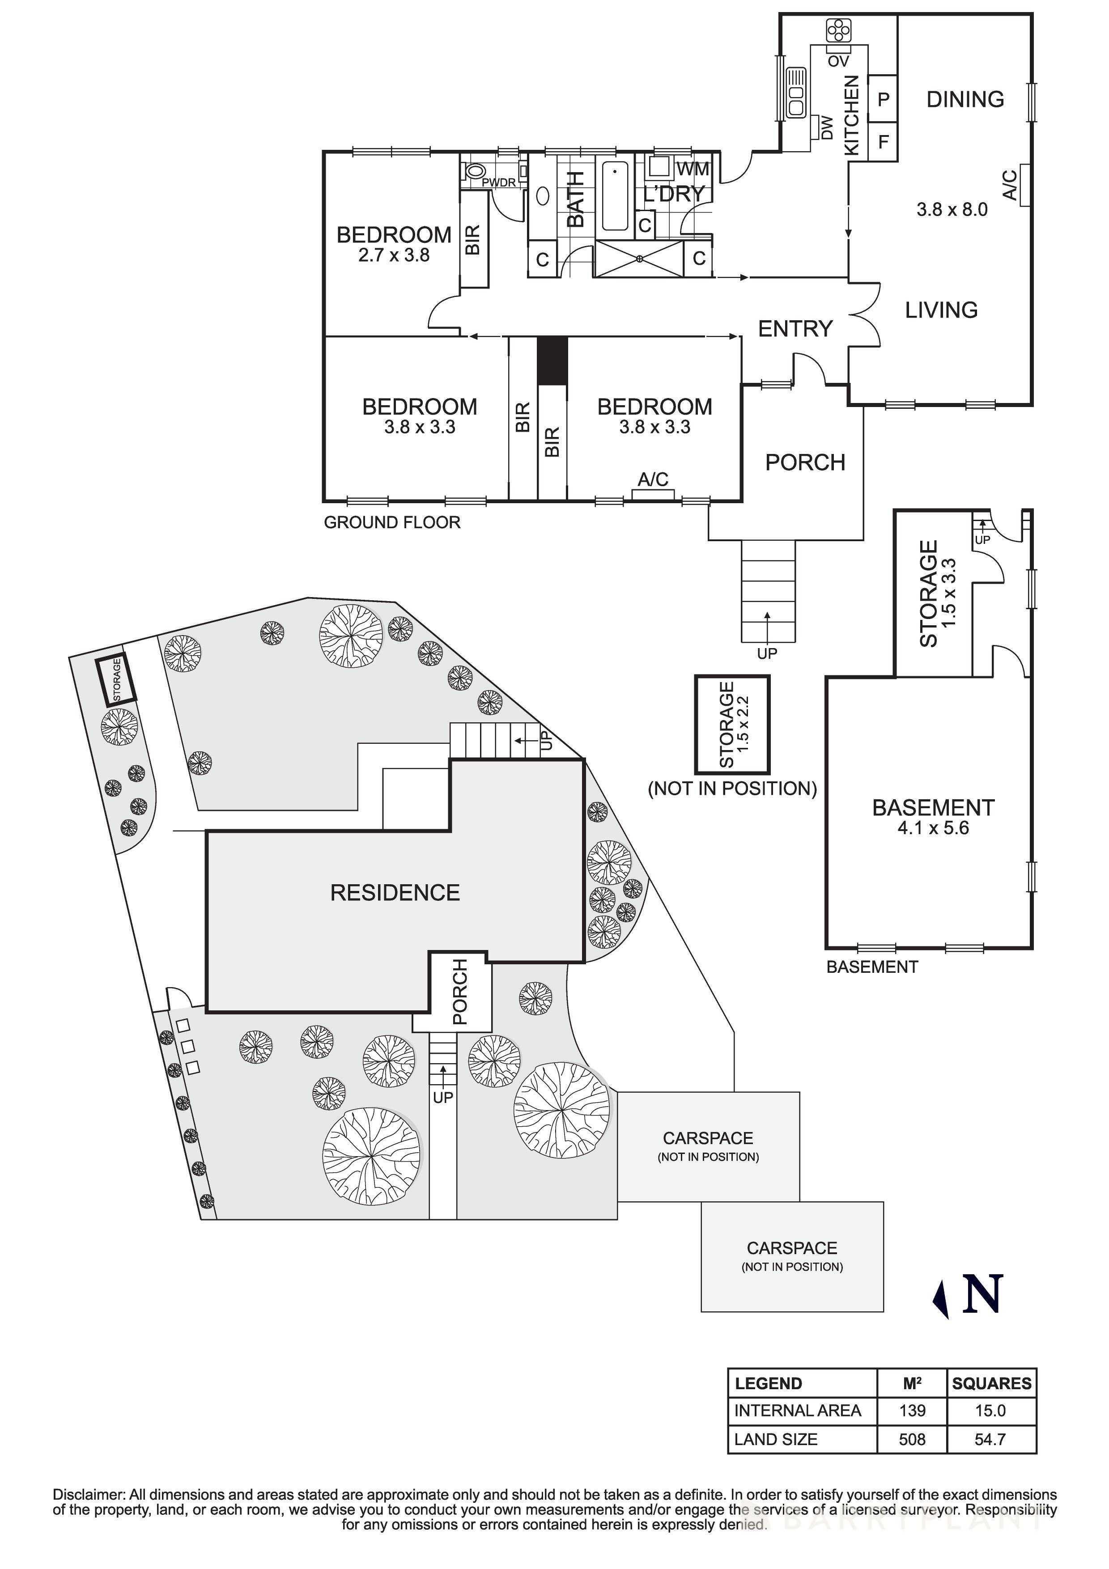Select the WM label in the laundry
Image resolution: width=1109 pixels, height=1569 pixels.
click(693, 168)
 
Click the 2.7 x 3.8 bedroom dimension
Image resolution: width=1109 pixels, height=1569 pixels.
click(394, 255)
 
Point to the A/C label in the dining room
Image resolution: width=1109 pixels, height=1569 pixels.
click(1009, 185)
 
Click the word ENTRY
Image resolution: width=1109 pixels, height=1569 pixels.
click(795, 329)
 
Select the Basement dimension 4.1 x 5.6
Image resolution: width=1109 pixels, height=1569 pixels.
click(933, 828)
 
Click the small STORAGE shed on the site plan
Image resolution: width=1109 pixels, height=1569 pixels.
click(116, 680)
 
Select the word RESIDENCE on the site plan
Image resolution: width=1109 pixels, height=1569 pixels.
click(395, 892)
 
